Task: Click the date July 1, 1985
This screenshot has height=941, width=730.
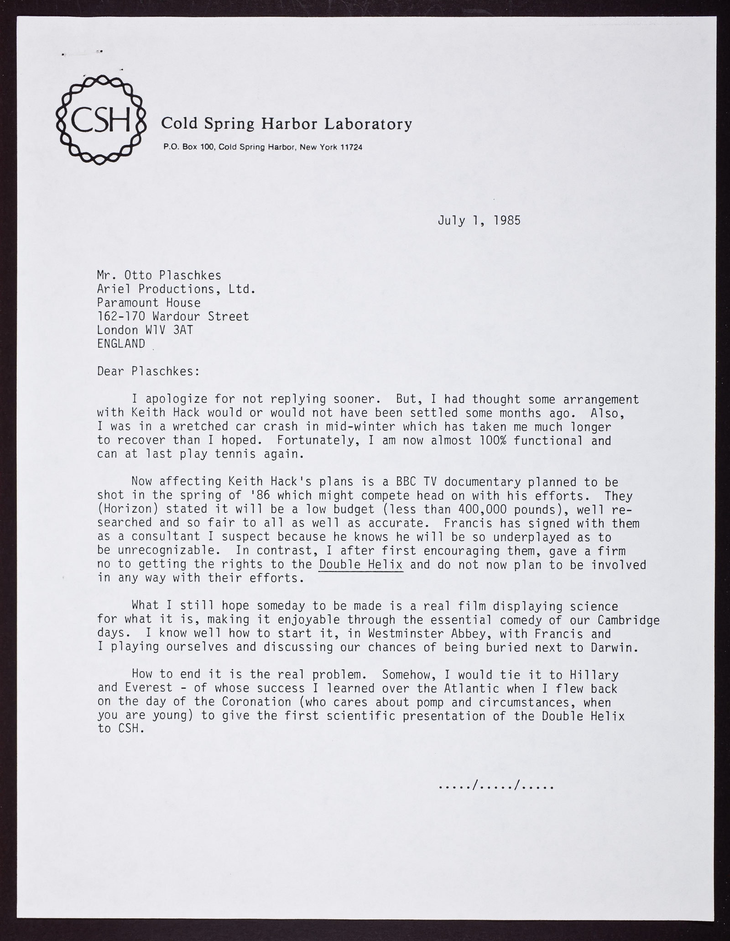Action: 479,221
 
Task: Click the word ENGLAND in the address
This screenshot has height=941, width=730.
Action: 121,344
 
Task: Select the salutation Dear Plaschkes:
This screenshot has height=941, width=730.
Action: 148,372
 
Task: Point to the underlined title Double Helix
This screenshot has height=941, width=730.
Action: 361,565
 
